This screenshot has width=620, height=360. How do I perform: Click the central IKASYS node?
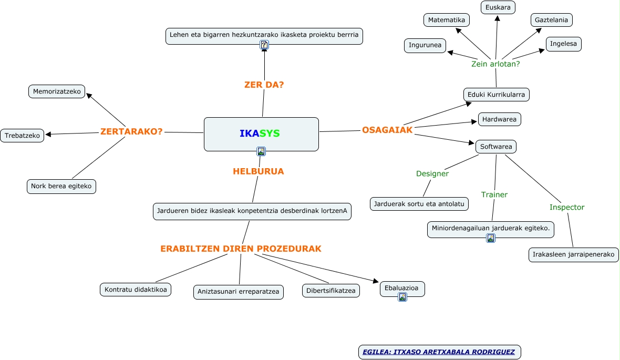pos(261,133)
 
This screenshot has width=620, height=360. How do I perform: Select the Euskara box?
pos(498,7)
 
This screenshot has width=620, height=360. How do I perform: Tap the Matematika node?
pos(447,20)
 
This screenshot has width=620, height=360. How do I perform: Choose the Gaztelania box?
pos(551,20)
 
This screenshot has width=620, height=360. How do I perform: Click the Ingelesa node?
pos(564,44)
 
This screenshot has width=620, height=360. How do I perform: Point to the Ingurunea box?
pos(425,45)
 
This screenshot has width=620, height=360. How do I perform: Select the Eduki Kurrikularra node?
pos(497,95)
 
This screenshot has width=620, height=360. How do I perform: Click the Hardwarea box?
pos(499,119)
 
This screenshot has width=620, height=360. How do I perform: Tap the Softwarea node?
pos(496,147)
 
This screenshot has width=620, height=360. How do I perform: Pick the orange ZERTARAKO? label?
pos(131,131)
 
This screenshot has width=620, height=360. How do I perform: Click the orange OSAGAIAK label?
pos(387,130)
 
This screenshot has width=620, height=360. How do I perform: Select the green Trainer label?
pos(494,194)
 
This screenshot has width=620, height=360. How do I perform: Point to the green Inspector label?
pos(567,207)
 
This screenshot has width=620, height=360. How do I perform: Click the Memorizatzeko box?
pos(57,91)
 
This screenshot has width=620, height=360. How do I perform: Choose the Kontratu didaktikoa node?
pos(136,290)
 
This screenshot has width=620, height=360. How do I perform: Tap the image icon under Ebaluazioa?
pos(402,297)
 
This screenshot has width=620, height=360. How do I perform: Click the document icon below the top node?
pos(264,45)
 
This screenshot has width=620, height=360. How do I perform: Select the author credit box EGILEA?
pos(439,352)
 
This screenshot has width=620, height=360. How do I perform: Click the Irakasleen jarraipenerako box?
pos(573,255)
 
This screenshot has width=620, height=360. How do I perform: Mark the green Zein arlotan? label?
pos(495,64)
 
